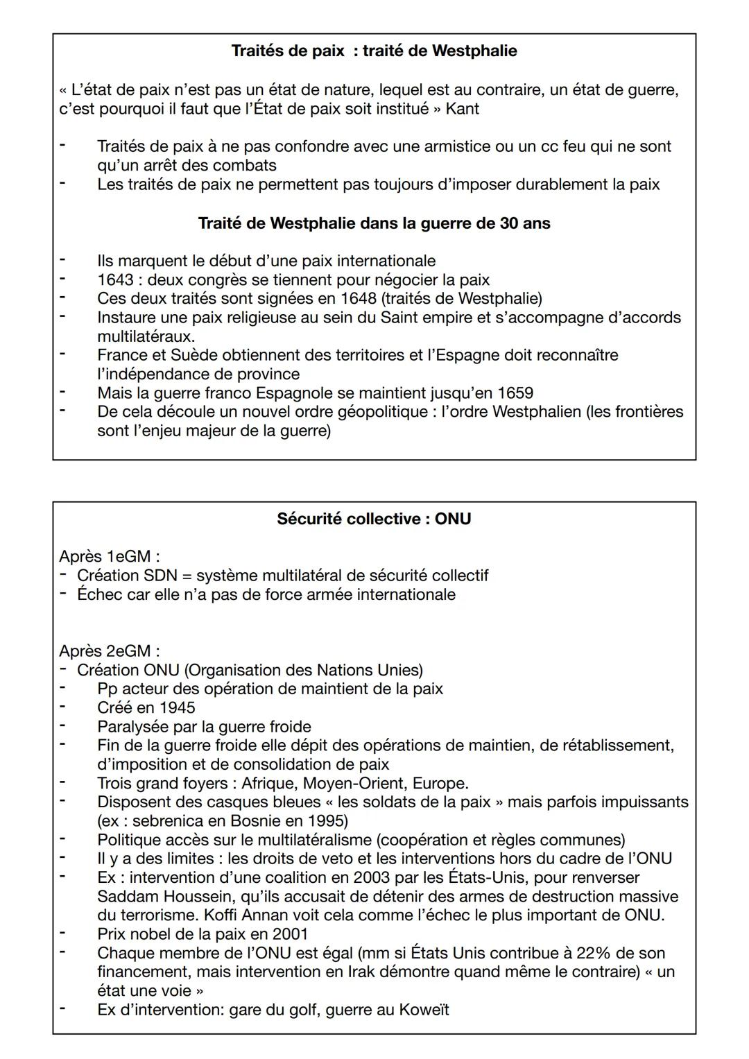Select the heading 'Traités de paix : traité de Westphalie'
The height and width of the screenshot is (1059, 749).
coord(374,51)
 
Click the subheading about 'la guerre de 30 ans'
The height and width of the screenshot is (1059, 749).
coord(374,223)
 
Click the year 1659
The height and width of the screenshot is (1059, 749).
coord(515,393)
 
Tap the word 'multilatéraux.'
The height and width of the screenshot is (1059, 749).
coord(146,336)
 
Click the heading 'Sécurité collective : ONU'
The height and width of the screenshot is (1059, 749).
coord(374,519)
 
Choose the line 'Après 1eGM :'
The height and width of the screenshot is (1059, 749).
coord(110,556)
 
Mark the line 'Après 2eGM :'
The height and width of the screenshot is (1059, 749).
coord(110,651)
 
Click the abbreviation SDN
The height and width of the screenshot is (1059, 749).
coord(160,575)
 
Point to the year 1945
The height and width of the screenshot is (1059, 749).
coord(177,707)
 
